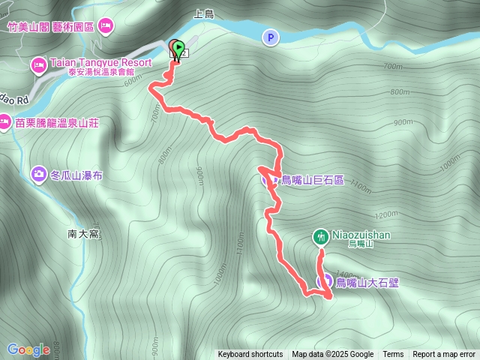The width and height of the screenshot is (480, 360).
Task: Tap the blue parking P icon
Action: tap(269, 37)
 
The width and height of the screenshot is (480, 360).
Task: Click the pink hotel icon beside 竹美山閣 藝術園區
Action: tap(106, 26)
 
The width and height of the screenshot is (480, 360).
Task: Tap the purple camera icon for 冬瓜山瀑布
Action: tap(38, 174)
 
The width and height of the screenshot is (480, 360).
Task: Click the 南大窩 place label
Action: tap(83, 234)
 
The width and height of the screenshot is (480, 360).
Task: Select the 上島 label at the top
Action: tap(204, 13)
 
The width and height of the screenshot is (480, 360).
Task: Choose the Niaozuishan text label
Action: tap(359, 235)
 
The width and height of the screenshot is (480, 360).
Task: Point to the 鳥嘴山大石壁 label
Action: tap(367, 283)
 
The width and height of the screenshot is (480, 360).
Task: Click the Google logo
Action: tap(28, 349)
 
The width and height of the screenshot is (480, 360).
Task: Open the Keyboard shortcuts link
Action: tap(250, 355)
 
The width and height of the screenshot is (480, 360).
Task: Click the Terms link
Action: tap(393, 355)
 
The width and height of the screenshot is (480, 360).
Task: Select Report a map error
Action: tap(445, 355)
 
